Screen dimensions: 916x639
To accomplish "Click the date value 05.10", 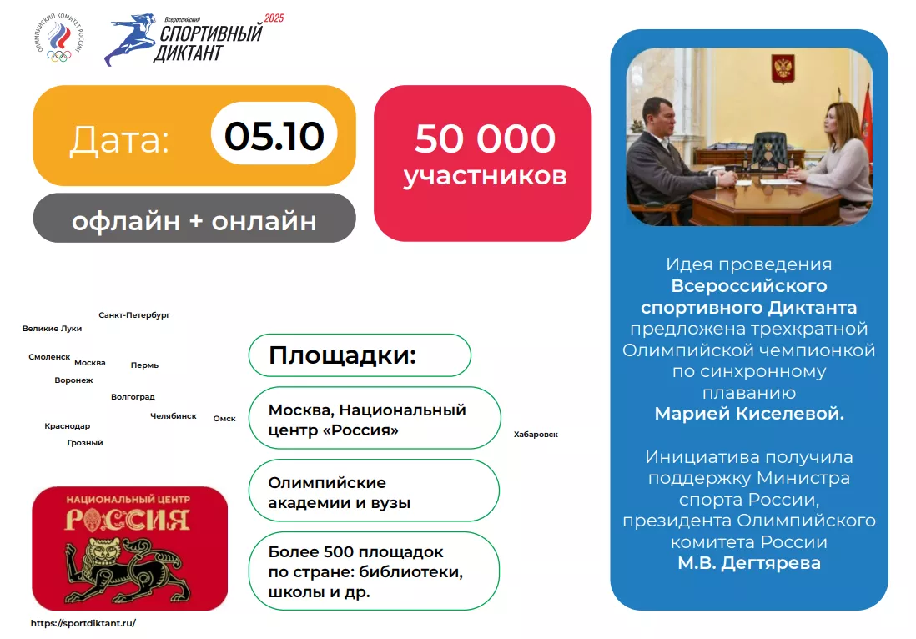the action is click(274, 136).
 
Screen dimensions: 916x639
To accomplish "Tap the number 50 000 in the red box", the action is click(485, 138).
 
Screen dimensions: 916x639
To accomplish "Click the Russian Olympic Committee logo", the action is click(59, 37).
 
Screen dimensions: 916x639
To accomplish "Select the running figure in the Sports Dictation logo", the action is click(129, 39).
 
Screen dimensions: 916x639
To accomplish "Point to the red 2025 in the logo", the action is click(274, 18).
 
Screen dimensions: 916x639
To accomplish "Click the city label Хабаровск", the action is click(536, 435).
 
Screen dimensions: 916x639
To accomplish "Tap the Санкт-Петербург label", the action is click(134, 314).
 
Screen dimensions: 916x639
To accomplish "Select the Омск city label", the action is click(224, 418).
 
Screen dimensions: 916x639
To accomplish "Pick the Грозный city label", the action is click(85, 443).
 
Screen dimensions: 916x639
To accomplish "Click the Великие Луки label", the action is click(52, 329).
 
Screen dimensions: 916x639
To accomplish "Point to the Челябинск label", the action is click(173, 416).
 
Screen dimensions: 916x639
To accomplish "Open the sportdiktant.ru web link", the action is click(83, 623).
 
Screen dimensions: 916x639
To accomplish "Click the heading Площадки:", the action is click(342, 355).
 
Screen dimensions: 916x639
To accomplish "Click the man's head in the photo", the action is click(658, 116).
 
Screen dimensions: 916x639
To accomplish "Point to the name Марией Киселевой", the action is click(749, 414).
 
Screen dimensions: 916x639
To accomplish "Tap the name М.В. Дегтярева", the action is click(749, 563).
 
